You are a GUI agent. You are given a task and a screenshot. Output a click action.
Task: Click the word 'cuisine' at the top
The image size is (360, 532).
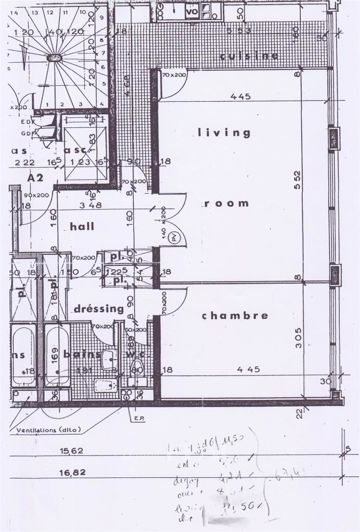click(250, 56)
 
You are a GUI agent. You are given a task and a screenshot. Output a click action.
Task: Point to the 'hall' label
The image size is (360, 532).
click(82, 227)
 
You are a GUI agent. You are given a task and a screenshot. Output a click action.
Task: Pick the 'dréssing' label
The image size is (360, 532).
click(99, 309)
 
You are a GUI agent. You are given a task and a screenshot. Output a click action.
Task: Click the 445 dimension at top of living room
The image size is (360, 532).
click(237, 98)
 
